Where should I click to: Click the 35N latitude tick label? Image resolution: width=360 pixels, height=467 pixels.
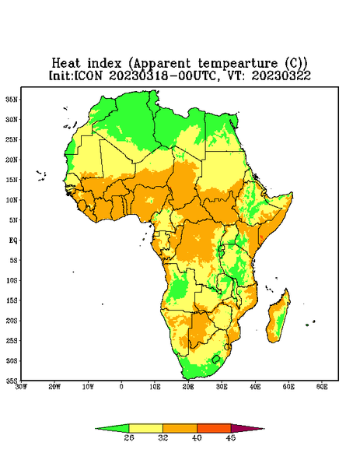click(x=12, y=99)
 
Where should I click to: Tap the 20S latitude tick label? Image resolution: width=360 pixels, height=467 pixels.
click(x=12, y=321)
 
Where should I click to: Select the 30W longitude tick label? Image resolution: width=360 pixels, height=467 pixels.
click(x=21, y=387)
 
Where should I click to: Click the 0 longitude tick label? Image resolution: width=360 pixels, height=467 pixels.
click(x=121, y=387)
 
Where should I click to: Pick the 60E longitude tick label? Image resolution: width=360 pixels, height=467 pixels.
click(x=322, y=387)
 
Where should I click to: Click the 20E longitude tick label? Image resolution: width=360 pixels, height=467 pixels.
click(x=188, y=387)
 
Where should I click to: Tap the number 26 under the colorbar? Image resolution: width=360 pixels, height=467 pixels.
click(x=129, y=437)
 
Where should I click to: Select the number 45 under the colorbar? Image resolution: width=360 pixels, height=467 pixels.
click(x=231, y=437)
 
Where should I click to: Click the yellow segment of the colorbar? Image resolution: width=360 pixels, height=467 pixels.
click(x=145, y=428)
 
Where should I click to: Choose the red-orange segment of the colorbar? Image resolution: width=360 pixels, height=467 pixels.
click(x=214, y=428)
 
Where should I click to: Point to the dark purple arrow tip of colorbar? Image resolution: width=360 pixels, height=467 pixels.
click(x=247, y=429)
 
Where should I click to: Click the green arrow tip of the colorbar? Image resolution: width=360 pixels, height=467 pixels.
click(x=112, y=429)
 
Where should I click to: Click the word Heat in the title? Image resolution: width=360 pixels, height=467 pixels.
click(x=66, y=64)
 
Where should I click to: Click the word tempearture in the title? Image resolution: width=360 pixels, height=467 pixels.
click(x=237, y=64)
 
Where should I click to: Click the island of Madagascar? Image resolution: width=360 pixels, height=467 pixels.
click(x=278, y=318)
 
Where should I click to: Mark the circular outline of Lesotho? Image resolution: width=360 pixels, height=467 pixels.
click(x=215, y=359)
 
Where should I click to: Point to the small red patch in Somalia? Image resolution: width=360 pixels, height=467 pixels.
click(x=261, y=238)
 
